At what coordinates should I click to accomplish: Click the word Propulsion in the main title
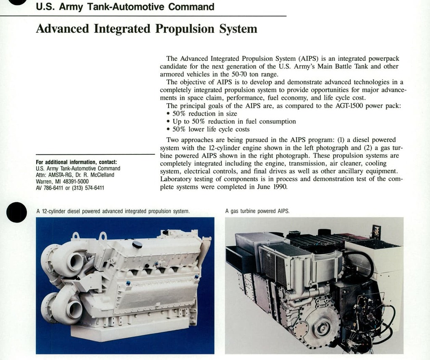click(x=185, y=29)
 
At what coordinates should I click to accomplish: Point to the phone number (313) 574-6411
click(x=88, y=188)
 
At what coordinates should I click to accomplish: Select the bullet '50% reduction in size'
click(x=202, y=114)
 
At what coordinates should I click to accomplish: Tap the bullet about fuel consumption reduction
click(x=231, y=122)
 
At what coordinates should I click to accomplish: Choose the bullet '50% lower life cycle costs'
click(x=208, y=129)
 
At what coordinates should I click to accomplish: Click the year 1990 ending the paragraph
click(x=280, y=187)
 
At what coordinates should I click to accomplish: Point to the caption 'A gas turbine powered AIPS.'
click(x=257, y=211)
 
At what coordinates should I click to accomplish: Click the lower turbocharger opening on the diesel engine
click(x=75, y=309)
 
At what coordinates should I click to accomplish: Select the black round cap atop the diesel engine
click(x=137, y=245)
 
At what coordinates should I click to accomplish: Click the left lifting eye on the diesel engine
click(x=76, y=236)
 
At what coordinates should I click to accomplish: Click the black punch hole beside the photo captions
click(x=16, y=212)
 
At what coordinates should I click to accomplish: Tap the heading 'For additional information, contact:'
click(x=76, y=162)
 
